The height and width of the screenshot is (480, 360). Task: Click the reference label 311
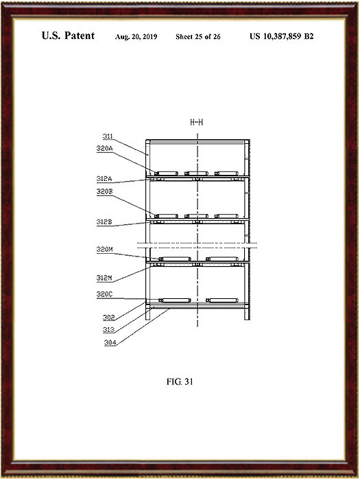[108, 136]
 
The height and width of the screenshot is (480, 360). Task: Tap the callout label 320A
[105, 149]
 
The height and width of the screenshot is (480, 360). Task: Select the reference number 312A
[104, 179]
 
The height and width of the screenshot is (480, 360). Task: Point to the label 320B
[105, 191]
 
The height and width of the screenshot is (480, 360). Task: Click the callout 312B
[104, 222]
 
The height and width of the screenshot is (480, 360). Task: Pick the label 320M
[105, 250]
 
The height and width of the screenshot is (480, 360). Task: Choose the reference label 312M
[104, 278]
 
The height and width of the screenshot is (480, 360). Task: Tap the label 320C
[105, 294]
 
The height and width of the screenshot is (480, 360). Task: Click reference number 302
[108, 317]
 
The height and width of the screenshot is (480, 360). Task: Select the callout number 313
[108, 330]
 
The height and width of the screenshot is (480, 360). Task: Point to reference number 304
[110, 343]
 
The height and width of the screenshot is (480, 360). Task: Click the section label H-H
[197, 123]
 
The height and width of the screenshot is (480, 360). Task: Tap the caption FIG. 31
[180, 382]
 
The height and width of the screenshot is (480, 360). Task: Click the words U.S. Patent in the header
[68, 36]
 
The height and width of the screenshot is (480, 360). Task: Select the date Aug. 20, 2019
[136, 37]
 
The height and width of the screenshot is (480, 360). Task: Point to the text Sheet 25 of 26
[198, 37]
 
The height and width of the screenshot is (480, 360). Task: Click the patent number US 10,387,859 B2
[282, 36]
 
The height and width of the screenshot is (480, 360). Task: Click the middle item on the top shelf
[196, 173]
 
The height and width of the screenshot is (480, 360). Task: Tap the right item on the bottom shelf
[222, 300]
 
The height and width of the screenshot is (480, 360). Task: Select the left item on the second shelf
[166, 216]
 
